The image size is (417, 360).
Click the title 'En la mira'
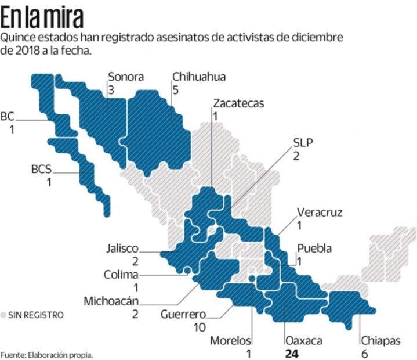point(41,18)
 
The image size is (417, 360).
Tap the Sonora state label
point(125,77)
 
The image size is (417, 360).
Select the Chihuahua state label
point(199,77)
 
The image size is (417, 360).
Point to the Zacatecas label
point(238,104)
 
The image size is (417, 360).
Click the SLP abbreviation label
point(303,142)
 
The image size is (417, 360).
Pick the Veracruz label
point(319,212)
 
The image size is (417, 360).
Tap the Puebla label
point(314,249)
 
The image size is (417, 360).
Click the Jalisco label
point(123,249)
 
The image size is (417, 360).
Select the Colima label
point(121,275)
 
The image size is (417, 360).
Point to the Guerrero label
point(184,314)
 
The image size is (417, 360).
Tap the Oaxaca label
point(303,340)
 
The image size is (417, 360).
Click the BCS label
point(41,170)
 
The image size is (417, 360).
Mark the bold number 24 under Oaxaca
point(291,353)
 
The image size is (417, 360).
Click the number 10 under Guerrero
point(200,327)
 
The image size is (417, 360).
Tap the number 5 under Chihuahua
point(176,90)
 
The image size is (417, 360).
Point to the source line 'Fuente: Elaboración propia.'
point(46,354)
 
